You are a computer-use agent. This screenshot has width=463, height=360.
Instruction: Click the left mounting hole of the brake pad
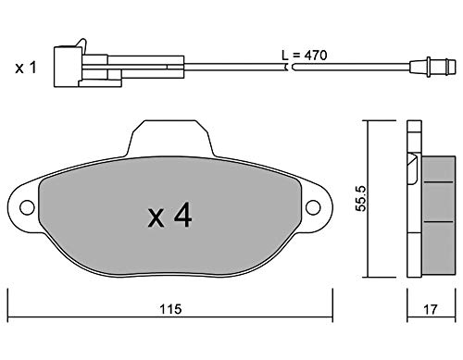[x=27, y=207]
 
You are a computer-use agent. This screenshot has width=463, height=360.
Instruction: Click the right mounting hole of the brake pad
[x=313, y=207]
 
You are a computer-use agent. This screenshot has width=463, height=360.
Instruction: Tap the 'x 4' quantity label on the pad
[x=169, y=216]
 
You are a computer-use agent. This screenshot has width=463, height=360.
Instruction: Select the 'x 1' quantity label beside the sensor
[x=26, y=68]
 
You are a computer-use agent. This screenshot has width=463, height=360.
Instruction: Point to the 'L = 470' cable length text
[x=305, y=56]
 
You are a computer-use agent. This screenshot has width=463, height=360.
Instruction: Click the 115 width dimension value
[x=170, y=309]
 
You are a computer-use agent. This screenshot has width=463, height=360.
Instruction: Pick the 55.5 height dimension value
[x=360, y=198]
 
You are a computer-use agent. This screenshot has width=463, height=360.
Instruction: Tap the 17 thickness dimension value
[x=431, y=309]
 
